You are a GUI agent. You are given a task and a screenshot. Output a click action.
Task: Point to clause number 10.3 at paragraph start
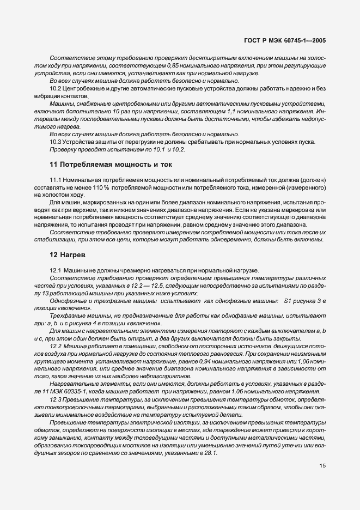click(x=55, y=142)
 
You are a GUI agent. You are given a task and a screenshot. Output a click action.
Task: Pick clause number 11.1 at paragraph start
click(x=55, y=179)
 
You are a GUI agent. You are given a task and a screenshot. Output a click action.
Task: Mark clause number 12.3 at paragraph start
click(x=56, y=399)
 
